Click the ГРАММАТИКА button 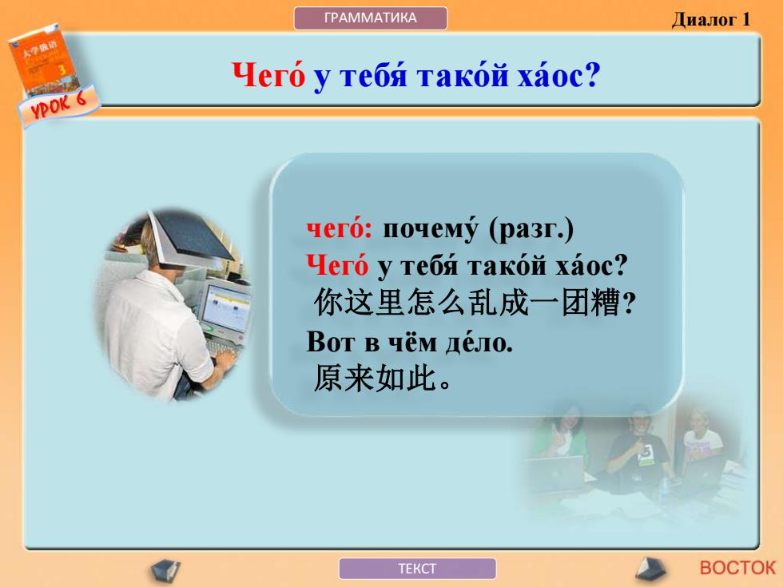tap(371, 18)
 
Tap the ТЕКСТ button tap(417, 569)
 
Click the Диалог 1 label tap(710, 19)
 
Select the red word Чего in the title tap(268, 76)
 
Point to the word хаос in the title tap(558, 76)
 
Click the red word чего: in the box tap(340, 229)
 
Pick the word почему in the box tap(431, 230)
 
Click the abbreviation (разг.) tap(531, 230)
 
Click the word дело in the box tap(479, 343)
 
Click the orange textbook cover tap(44, 59)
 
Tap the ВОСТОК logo tap(737, 568)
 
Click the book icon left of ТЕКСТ tap(166, 570)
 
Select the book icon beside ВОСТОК tap(651, 569)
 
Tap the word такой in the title tap(462, 76)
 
